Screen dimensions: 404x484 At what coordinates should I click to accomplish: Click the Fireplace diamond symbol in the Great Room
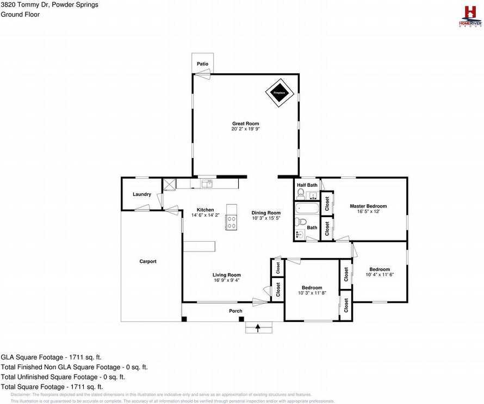click(279, 93)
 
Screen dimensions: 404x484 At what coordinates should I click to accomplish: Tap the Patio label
click(202, 64)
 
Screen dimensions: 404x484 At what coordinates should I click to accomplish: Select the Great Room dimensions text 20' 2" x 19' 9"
click(245, 129)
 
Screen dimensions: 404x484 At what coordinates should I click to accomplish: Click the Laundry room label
click(141, 194)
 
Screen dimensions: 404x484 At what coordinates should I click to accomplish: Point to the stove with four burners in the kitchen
click(232, 222)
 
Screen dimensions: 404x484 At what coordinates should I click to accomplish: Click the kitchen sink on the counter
click(207, 184)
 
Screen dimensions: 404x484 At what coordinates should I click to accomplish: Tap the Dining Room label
click(266, 213)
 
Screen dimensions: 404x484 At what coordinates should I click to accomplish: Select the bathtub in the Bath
click(307, 209)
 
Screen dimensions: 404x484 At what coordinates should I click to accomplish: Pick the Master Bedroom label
click(368, 206)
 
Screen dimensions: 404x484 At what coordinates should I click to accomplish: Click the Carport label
click(147, 261)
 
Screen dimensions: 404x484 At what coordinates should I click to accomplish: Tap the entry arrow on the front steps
click(258, 327)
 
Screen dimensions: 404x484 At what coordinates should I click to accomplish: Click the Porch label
click(235, 311)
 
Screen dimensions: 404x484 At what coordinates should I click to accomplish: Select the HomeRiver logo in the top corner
click(470, 16)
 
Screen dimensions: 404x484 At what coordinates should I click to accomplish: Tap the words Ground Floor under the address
click(20, 15)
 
